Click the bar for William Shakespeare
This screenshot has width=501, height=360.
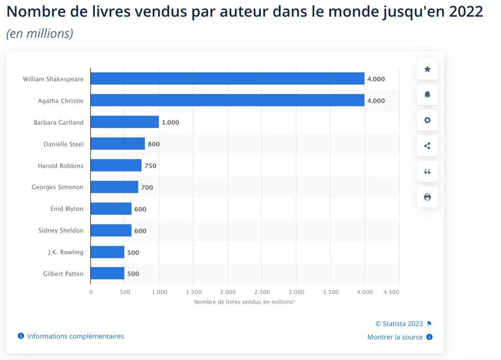point(228,79)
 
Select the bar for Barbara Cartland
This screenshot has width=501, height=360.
point(125,122)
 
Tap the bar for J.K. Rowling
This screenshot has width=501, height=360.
point(108,252)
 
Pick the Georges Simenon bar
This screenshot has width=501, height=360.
point(114,187)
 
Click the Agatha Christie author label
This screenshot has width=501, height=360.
point(61,101)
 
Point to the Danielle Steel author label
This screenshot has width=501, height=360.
point(63,144)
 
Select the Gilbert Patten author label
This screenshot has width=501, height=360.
point(63,274)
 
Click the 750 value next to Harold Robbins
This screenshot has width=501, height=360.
point(150,166)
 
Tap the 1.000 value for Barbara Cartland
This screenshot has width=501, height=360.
point(170,122)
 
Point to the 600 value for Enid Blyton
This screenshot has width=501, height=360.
point(140,209)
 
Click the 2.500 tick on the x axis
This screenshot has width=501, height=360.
point(262,292)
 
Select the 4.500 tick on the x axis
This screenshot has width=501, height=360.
point(391,292)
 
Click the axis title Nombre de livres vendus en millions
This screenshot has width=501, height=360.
point(245,302)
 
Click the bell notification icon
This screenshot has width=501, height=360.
point(427,94)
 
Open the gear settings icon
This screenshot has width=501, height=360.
point(427,120)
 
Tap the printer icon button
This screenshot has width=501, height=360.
point(427,197)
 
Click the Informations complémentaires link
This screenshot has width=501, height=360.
point(75,337)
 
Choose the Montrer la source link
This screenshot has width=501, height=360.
point(395,337)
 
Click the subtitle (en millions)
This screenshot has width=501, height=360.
point(40,34)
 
